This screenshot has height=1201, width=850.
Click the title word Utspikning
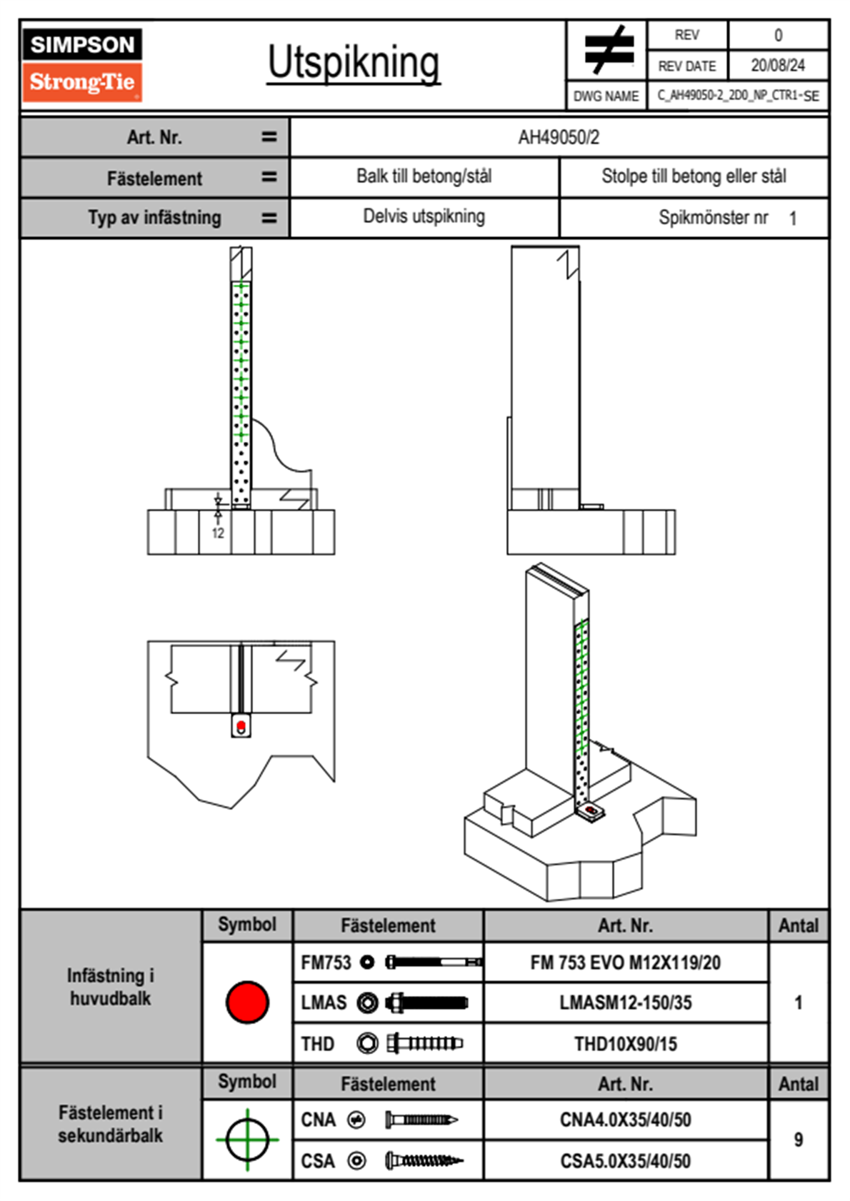(x=354, y=63)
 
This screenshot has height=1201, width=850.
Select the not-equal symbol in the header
(x=608, y=50)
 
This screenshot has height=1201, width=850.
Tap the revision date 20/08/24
(x=777, y=66)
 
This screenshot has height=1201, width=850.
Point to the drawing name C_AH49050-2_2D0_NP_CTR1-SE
(x=737, y=96)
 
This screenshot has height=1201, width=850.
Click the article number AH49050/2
(x=559, y=137)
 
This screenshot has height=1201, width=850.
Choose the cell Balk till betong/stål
(x=424, y=176)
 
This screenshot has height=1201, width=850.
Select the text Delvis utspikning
(x=424, y=216)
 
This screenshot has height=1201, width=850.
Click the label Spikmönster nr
(x=713, y=218)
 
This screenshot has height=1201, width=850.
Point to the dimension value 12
(x=218, y=533)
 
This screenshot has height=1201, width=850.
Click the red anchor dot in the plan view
(x=241, y=726)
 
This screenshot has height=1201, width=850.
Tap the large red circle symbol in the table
(x=247, y=1002)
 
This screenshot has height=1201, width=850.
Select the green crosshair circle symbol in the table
(x=247, y=1140)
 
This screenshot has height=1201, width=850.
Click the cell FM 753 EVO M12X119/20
(x=625, y=963)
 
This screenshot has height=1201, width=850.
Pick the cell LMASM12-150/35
(x=625, y=1002)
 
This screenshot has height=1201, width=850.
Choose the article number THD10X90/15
(x=625, y=1044)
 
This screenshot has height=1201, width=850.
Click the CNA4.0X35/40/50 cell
(x=625, y=1120)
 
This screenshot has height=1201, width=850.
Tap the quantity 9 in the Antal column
(x=798, y=1140)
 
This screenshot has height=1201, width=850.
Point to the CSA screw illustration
(x=424, y=1161)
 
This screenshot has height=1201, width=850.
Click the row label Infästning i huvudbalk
(x=111, y=987)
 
